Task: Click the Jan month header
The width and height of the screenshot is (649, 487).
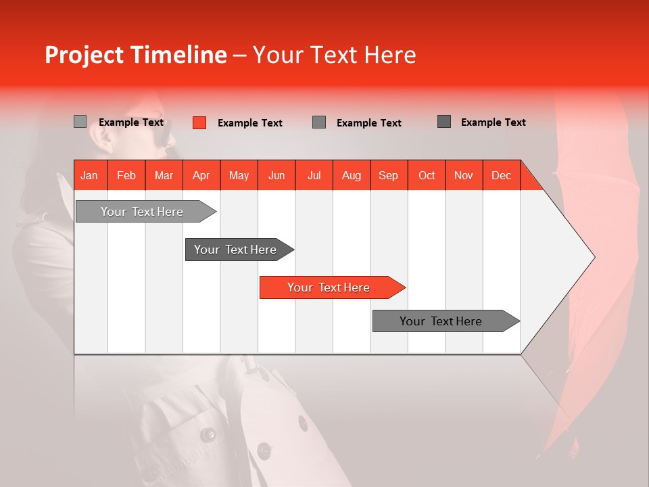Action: [89, 175]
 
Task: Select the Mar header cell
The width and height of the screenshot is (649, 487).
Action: [164, 175]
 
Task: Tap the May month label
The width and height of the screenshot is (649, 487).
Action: [239, 175]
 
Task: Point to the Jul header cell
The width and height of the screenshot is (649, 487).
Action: [314, 175]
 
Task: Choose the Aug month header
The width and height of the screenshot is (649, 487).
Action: [351, 175]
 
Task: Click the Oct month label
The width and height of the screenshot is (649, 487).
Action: [426, 175]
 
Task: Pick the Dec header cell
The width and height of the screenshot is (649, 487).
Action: [501, 175]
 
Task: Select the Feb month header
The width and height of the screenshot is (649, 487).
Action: [126, 175]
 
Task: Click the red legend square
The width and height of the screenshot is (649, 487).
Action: [199, 122]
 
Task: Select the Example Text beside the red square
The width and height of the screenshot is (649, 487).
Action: [249, 123]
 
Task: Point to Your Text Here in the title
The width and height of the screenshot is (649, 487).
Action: [334, 55]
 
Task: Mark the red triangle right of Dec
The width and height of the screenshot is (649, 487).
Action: [530, 180]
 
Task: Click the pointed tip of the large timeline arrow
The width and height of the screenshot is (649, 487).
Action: [593, 257]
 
